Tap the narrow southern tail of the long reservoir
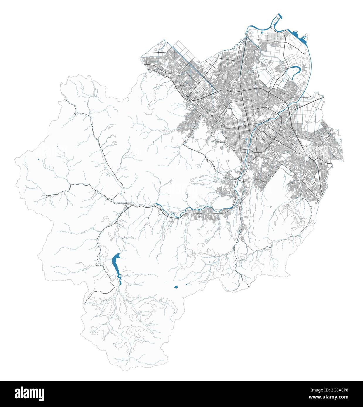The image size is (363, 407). [120, 282]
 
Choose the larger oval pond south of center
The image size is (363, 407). [176, 287]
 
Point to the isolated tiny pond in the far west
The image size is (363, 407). [38, 160]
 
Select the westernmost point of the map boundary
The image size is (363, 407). [15, 160]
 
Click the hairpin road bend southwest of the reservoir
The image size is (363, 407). [112, 281]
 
